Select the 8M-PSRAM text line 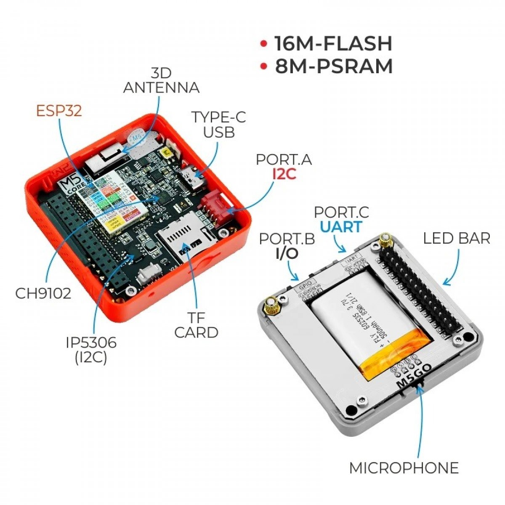334,66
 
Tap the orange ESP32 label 59,111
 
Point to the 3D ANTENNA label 161,80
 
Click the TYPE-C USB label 218,125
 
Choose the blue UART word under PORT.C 341,227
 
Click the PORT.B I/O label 287,246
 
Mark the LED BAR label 457,239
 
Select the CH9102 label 43,293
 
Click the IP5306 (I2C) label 91,350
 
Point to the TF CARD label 196,325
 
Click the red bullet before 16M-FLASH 264,43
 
